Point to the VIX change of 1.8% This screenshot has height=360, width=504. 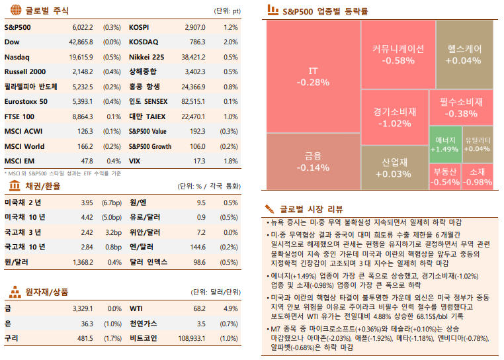pos(231,161)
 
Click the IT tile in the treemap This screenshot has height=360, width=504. pos(313,77)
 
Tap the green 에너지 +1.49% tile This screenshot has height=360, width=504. pos(444,144)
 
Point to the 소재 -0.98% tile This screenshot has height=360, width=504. pos(478,177)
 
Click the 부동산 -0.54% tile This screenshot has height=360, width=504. pos(445,177)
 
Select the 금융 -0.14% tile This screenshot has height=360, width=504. pos(313,162)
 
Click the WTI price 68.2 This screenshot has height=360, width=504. pos(199,308)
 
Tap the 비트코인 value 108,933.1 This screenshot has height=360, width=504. pos(190,338)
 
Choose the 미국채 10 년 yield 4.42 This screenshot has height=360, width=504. pos(87,217)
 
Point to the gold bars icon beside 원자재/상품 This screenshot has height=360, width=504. pos(12,291)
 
